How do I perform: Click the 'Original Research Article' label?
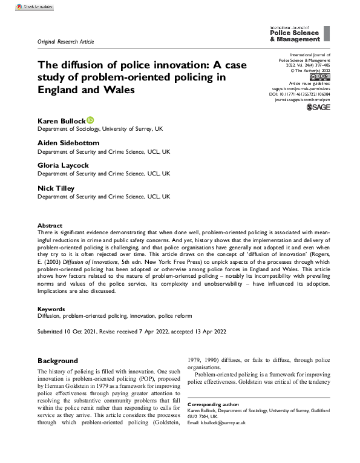tap(66, 41)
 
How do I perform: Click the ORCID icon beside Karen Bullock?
tap(91, 120)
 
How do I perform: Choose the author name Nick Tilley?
tap(56, 188)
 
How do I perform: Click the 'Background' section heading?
tap(57, 361)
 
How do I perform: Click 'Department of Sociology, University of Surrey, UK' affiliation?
tap(105, 130)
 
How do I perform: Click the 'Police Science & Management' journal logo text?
tap(293, 35)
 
